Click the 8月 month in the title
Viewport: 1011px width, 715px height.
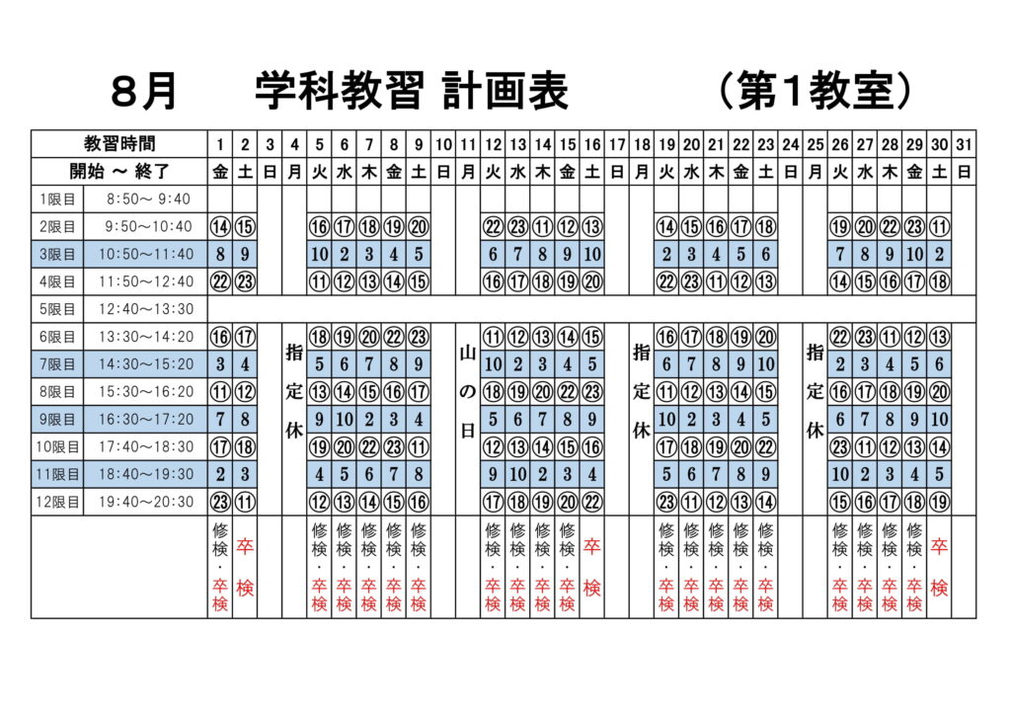pos(144,91)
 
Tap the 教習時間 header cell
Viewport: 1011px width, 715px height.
pos(119,144)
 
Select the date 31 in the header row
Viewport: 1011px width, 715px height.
pos(964,144)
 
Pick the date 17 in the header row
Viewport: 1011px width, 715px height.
pos(617,144)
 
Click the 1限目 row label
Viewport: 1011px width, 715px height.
pos(57,199)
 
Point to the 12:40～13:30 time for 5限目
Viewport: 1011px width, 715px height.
pos(146,309)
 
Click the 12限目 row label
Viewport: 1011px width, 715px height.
pos(57,502)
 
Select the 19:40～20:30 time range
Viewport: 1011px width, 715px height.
pos(146,502)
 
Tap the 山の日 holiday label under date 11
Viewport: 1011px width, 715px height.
pos(468,391)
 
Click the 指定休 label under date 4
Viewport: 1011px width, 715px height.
pos(294,391)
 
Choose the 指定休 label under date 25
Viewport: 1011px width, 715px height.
pos(815,391)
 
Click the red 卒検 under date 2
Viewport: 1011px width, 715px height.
pos(245,567)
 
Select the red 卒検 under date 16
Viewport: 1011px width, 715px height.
pos(592,567)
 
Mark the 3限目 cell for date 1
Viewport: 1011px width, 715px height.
pos(220,254)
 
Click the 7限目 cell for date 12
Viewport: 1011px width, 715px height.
pos(493,364)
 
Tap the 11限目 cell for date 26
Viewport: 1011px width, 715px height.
pos(839,474)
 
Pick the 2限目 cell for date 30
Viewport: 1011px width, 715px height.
pos(939,227)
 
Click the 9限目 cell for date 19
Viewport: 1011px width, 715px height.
pos(666,419)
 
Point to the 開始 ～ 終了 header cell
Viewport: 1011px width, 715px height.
pos(119,172)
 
